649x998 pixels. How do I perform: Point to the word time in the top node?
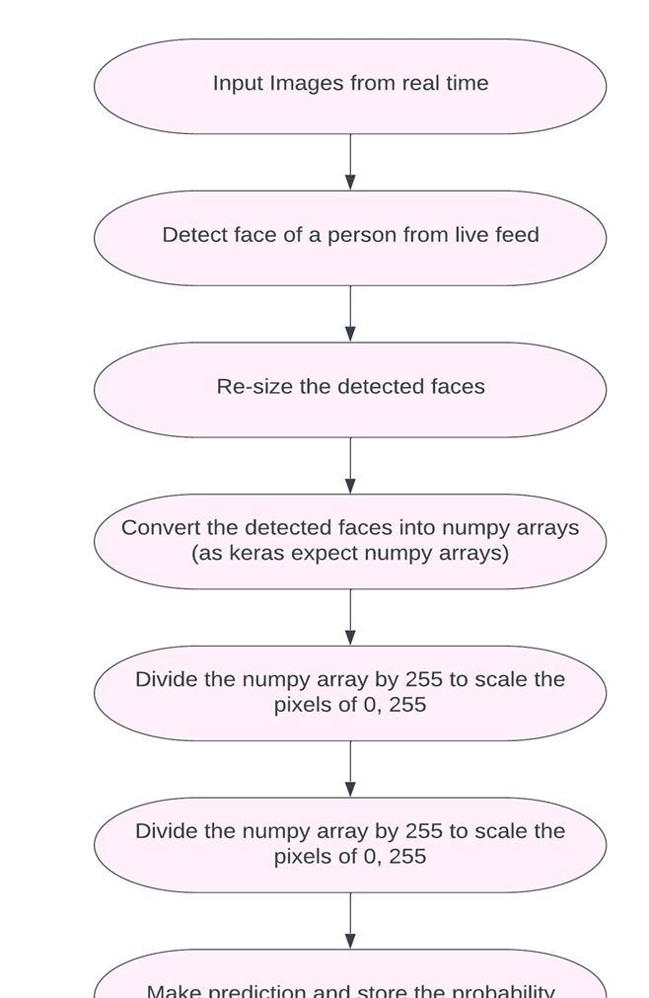click(x=466, y=83)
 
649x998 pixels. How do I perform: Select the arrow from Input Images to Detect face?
click(x=350, y=162)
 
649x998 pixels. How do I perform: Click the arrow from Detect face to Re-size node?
click(x=350, y=314)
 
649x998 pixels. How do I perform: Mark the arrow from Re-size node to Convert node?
click(x=350, y=465)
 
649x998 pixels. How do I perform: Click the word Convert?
click(x=158, y=527)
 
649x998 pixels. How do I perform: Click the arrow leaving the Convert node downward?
click(x=350, y=617)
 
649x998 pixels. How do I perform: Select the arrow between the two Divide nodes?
click(x=350, y=768)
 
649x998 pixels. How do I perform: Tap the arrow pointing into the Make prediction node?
click(x=350, y=920)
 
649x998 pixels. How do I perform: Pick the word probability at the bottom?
click(x=503, y=990)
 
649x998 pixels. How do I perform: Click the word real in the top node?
click(x=420, y=83)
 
